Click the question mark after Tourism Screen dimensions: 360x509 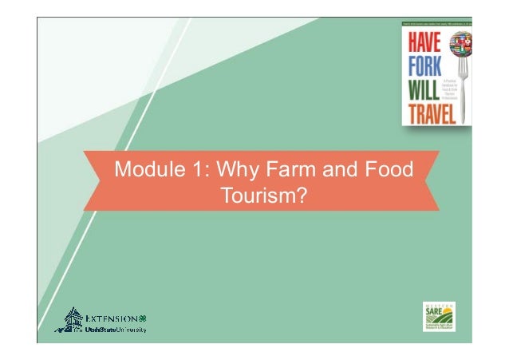tap(303, 194)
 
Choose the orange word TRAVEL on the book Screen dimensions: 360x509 tap(428, 113)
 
